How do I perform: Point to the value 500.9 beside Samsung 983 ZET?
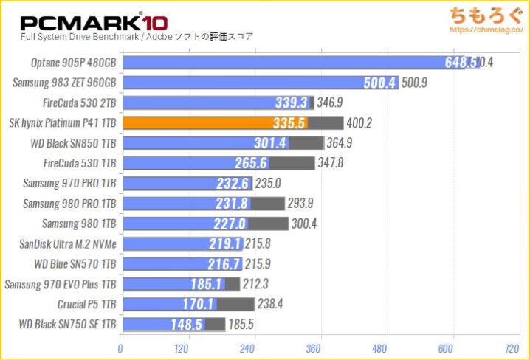416,83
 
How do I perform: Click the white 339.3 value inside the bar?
294,103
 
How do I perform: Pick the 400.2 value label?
362,122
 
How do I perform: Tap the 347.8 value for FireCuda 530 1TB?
332,163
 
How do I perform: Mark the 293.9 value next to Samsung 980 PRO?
303,203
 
